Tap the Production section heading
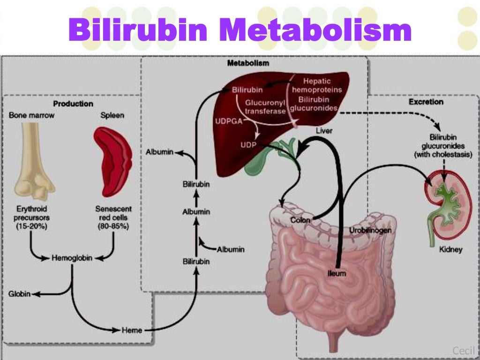(x=73, y=103)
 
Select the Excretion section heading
(x=426, y=102)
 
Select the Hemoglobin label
(x=72, y=258)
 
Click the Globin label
(x=19, y=294)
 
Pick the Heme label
(x=132, y=330)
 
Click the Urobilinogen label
(x=370, y=231)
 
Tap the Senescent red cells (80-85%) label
(x=113, y=217)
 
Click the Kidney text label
(x=450, y=250)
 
